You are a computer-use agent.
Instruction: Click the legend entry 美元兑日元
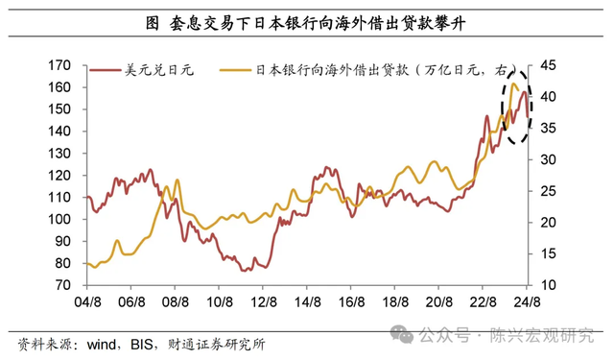[156, 70]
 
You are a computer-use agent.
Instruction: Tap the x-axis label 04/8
[87, 301]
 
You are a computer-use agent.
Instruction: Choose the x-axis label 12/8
[264, 301]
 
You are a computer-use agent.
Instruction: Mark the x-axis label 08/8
[176, 301]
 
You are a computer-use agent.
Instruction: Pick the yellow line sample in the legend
[236, 70]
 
